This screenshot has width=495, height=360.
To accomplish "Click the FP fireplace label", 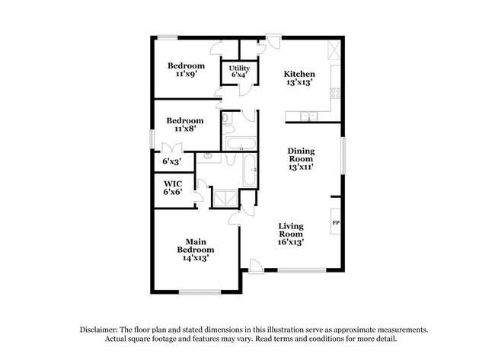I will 336,223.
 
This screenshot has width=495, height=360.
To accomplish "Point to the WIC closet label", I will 170,183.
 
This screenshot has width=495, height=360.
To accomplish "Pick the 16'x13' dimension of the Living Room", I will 291,242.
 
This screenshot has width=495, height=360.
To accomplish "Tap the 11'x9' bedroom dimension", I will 183,74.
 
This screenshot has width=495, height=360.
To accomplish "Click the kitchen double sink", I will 308,116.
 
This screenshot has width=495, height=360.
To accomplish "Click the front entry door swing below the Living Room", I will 255,266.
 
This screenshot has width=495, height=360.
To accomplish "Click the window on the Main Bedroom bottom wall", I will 201,292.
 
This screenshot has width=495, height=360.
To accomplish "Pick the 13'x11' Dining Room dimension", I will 301,166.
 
